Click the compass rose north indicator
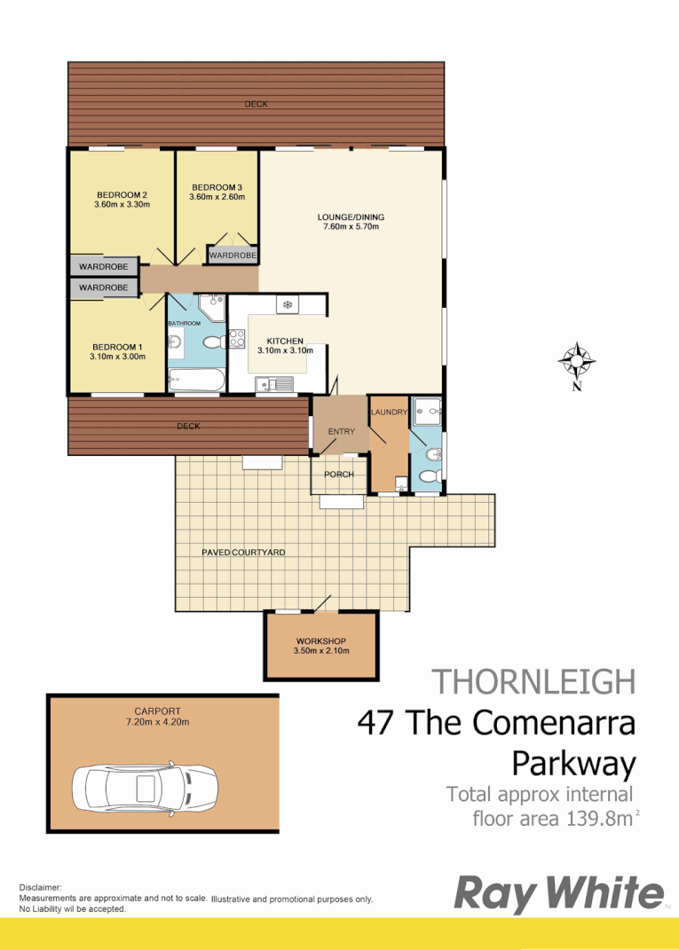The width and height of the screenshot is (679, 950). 577,362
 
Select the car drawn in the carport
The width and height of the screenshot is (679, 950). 146,787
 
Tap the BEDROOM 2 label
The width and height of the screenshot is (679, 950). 122,195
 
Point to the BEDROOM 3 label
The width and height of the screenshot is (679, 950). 217,187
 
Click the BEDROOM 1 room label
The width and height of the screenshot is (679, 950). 116,347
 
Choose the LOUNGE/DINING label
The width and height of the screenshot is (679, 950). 351,217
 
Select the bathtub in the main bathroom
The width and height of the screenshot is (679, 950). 195,381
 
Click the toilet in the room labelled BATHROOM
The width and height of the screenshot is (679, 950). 212,342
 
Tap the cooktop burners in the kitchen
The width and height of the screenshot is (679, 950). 237,338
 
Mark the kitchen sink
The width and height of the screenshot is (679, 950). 273,383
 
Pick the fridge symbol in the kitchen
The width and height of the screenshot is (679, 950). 287,305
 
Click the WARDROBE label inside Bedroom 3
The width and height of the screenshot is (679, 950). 233,255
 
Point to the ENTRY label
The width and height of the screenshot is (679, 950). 341,432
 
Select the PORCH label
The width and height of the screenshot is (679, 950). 339,475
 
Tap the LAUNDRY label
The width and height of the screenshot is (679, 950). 389,412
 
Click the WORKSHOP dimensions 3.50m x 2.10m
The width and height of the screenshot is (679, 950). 320,650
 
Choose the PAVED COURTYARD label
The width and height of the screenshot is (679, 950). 243,552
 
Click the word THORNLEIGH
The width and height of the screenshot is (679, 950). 533,681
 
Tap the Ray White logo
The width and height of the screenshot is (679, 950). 558,893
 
